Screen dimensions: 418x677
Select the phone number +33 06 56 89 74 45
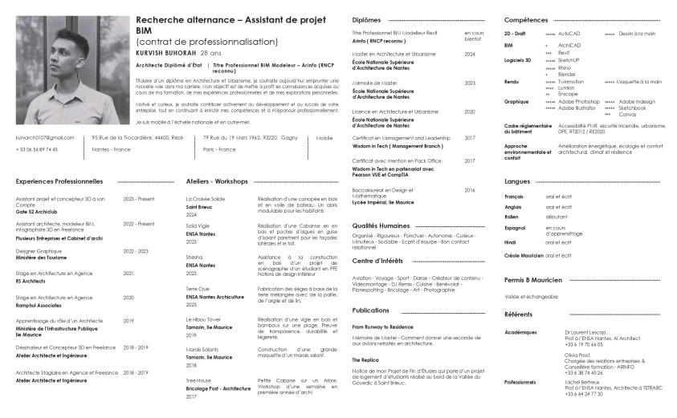tap(37, 149)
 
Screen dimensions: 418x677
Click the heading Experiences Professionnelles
tap(59, 182)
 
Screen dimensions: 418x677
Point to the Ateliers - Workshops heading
tap(217, 182)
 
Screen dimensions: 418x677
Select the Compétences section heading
tap(525, 19)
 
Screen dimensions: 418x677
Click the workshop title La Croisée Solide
tap(206, 198)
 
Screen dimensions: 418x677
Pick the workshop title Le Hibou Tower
tap(204, 319)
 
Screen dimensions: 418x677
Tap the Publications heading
tap(371, 310)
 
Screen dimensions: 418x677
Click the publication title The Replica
tap(366, 359)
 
